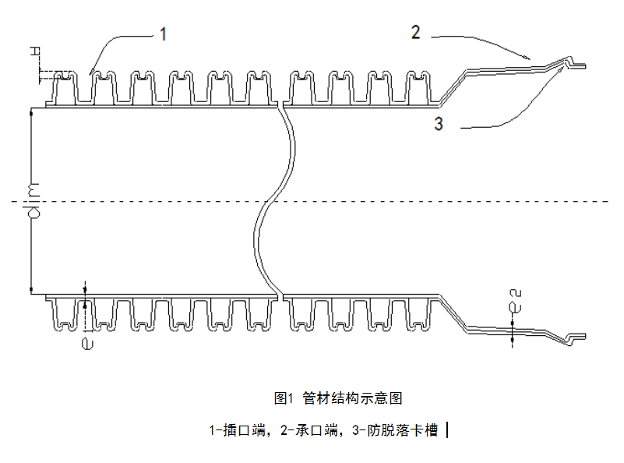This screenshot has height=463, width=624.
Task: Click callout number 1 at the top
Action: tap(164, 34)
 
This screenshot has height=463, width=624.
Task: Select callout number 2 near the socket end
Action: tap(416, 33)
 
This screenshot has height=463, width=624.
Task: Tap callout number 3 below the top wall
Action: tap(439, 123)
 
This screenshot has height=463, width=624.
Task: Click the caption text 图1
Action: tap(282, 398)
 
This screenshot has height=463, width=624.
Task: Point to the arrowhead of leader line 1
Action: tap(90, 73)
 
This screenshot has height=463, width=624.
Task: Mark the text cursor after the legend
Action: tap(449, 429)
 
